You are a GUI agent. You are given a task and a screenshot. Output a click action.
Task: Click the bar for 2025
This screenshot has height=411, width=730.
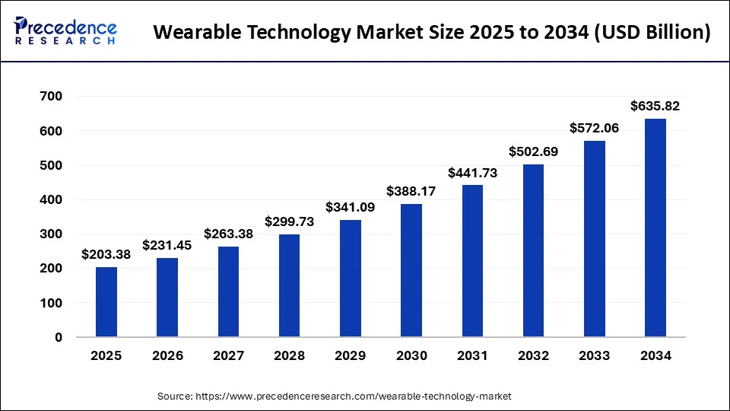[x=106, y=302]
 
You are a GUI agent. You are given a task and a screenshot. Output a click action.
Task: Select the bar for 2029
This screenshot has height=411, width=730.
[x=351, y=279]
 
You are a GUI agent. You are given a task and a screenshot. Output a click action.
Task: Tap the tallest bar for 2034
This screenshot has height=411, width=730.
[x=655, y=228]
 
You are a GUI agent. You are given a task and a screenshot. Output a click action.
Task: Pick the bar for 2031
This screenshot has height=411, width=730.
[x=472, y=261]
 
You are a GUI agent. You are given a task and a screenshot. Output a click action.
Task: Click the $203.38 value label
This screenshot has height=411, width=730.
[x=106, y=255]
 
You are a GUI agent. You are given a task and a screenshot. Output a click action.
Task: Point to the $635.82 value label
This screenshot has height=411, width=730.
[x=655, y=107]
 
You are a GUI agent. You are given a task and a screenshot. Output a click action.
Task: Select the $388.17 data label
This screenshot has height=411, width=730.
[x=411, y=191]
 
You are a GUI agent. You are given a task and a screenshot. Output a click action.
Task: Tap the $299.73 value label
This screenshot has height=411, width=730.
[x=290, y=221]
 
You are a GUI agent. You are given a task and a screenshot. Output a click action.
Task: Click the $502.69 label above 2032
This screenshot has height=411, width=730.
[x=533, y=151]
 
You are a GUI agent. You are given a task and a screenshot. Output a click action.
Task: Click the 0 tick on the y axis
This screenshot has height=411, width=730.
[x=59, y=337]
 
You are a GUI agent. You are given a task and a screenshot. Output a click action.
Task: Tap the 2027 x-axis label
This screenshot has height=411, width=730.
[x=228, y=355]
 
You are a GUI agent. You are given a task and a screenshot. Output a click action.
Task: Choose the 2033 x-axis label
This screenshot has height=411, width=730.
[x=594, y=355]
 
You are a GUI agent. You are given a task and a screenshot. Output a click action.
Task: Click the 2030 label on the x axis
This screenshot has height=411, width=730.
[x=411, y=355]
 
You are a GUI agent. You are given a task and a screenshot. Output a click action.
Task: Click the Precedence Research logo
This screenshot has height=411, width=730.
[x=65, y=32]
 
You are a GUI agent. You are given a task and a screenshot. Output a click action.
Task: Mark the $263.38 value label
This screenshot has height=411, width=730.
[x=228, y=234]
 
